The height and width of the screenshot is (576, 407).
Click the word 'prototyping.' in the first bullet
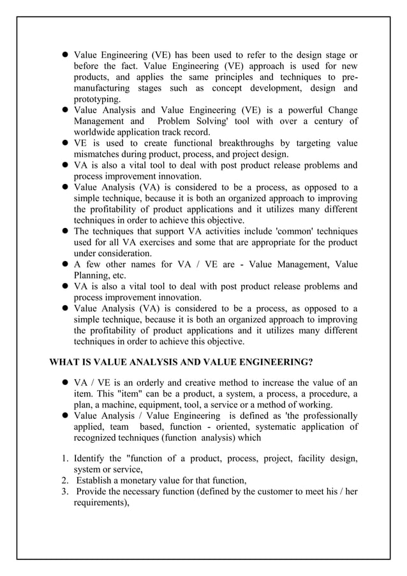pos(97,99)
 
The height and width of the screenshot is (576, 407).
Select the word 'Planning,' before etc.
pos(95,275)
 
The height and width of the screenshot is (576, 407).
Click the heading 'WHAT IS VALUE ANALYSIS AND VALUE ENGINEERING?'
pos(181,362)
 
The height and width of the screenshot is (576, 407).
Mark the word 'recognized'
pos(100,437)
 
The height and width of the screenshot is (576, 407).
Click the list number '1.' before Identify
pos(65,459)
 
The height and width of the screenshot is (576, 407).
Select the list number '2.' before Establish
pos(65,480)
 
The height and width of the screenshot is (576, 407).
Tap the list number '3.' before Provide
pos(65,491)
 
